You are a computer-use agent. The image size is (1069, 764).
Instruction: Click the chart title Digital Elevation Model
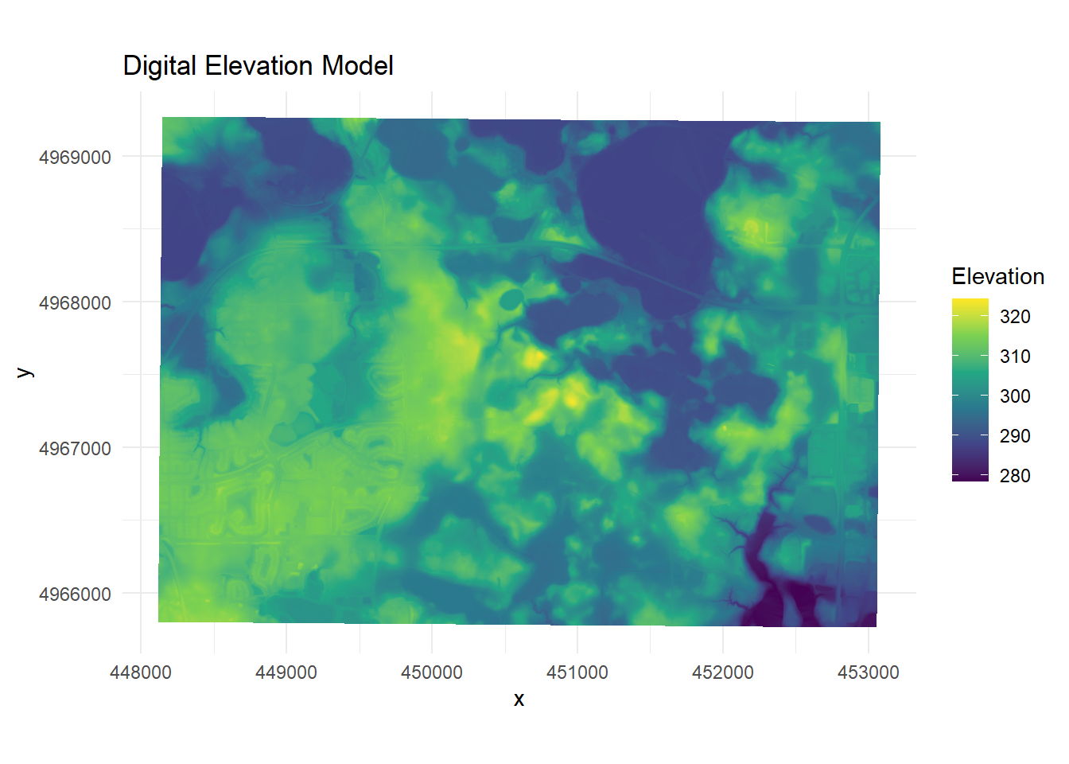point(259,66)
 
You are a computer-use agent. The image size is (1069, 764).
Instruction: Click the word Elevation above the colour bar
point(998,276)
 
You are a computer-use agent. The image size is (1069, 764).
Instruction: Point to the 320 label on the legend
point(1015,317)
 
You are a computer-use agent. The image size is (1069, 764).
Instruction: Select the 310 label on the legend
point(1015,357)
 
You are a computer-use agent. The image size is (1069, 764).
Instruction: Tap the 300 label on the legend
point(1015,396)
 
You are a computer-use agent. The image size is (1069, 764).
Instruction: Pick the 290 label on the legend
point(1015,436)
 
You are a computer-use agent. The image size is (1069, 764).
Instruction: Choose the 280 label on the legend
point(1015,476)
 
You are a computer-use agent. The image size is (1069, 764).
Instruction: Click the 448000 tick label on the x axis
point(140,672)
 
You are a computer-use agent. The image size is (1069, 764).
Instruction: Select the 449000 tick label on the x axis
point(286,672)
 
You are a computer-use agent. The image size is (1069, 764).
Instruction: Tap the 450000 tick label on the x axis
point(431,672)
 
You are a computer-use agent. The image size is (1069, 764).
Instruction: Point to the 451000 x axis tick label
point(577,672)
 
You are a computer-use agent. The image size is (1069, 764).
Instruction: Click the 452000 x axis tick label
point(722,672)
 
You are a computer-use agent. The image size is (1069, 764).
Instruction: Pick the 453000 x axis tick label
point(868,672)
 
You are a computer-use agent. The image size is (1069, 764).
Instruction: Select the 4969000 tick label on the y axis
point(75,157)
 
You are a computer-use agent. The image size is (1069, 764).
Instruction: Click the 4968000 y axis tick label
point(75,302)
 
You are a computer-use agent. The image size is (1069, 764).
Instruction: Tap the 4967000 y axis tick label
point(75,448)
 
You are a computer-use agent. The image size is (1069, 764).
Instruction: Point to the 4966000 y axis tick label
point(75,594)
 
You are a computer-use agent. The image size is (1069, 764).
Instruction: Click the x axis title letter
point(519,700)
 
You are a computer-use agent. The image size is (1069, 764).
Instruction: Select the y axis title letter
point(25,372)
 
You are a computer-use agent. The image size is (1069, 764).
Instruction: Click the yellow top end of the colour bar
point(970,301)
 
